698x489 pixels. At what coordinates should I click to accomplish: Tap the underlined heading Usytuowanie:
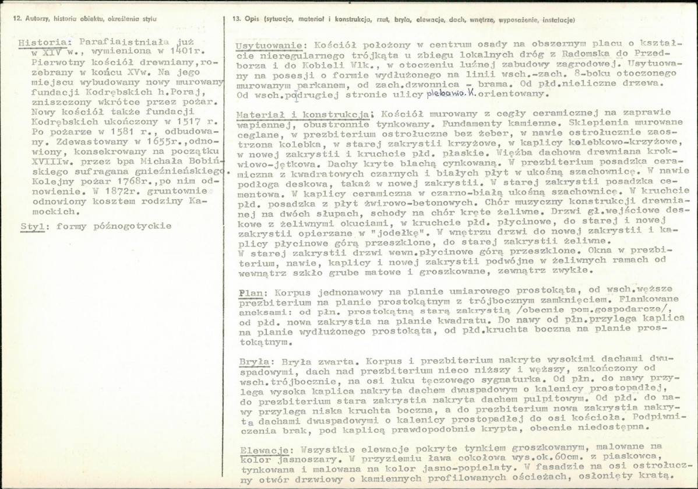point(269,46)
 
